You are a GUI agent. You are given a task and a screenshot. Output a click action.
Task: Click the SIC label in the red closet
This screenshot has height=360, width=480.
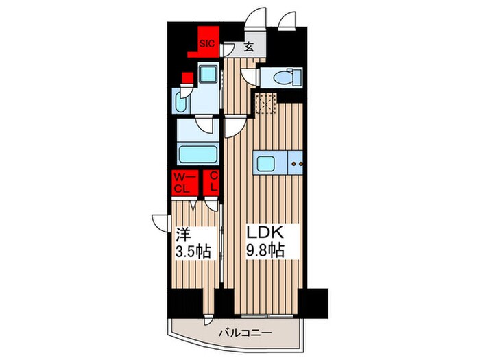pyautogui.click(x=206, y=43)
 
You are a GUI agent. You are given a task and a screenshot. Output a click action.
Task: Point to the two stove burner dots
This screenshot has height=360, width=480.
pyautogui.click(x=296, y=164)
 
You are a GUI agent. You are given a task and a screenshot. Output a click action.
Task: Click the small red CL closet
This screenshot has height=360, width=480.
pyautogui.click(x=213, y=182)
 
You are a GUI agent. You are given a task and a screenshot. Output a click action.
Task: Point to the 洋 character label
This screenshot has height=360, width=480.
pyautogui.click(x=182, y=233)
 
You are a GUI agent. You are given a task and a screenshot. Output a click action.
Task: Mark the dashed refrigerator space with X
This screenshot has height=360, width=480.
pyautogui.click(x=264, y=104)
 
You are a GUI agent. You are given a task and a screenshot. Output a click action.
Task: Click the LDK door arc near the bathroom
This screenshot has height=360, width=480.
pyautogui.click(x=233, y=125)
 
